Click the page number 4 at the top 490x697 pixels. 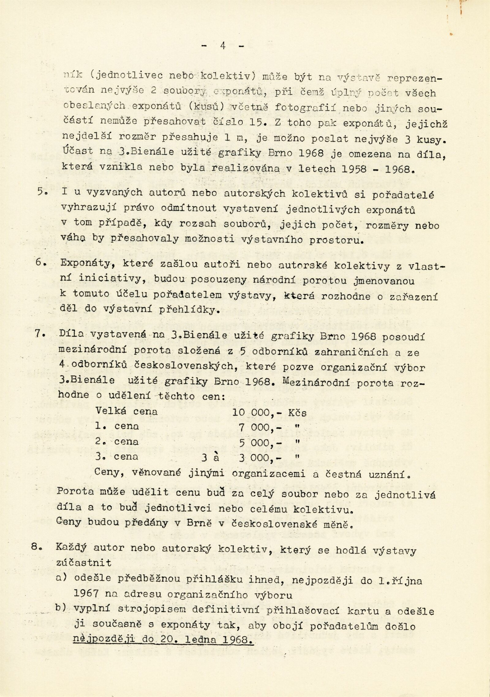coord(223,46)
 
